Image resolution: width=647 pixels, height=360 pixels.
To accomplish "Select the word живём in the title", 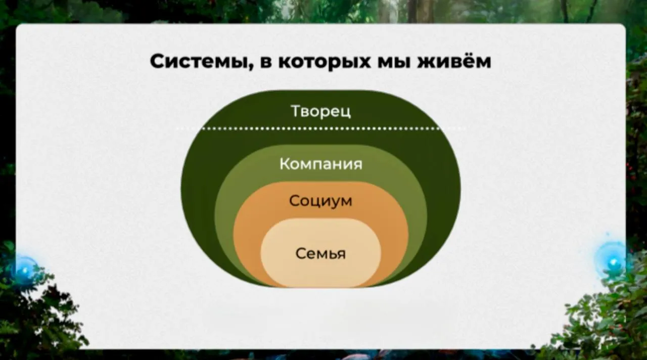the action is (454, 61).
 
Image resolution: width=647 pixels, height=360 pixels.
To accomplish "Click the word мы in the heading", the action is (394, 62).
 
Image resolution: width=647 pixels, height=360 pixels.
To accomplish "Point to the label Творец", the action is (320, 112).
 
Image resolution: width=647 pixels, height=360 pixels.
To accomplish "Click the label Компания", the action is (320, 164).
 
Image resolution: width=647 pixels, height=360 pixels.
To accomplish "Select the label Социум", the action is (320, 201).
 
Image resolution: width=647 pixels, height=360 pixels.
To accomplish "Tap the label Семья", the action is (320, 254).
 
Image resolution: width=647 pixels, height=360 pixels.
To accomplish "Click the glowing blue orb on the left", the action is (25, 270).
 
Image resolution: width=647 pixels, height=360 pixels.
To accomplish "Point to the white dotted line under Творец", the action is (320, 128).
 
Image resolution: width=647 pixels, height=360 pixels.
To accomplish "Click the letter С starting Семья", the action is (301, 254).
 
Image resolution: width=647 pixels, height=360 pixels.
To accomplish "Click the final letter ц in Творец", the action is (346, 113).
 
